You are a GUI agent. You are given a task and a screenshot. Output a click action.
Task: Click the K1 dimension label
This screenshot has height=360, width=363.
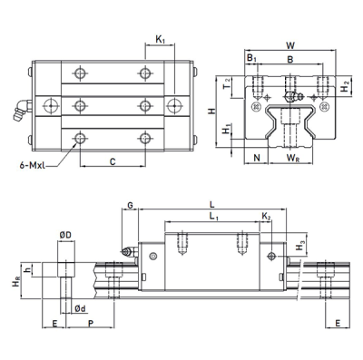pos(160,39)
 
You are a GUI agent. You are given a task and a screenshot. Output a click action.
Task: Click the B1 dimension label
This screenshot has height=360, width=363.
pos(250,59)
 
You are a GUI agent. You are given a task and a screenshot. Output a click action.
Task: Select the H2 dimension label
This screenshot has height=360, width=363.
pos(345,87)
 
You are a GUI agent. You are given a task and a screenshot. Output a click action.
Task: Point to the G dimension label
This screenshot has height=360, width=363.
pos(131,207)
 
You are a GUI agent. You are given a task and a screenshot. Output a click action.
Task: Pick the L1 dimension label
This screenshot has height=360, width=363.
pos(213,219)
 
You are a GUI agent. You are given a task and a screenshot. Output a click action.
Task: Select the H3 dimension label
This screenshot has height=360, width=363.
pos(300,246)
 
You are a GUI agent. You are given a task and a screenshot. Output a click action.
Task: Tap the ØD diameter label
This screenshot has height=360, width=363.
pos(65,236)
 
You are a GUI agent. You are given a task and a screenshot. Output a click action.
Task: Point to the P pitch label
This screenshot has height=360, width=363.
pos(89,323)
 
